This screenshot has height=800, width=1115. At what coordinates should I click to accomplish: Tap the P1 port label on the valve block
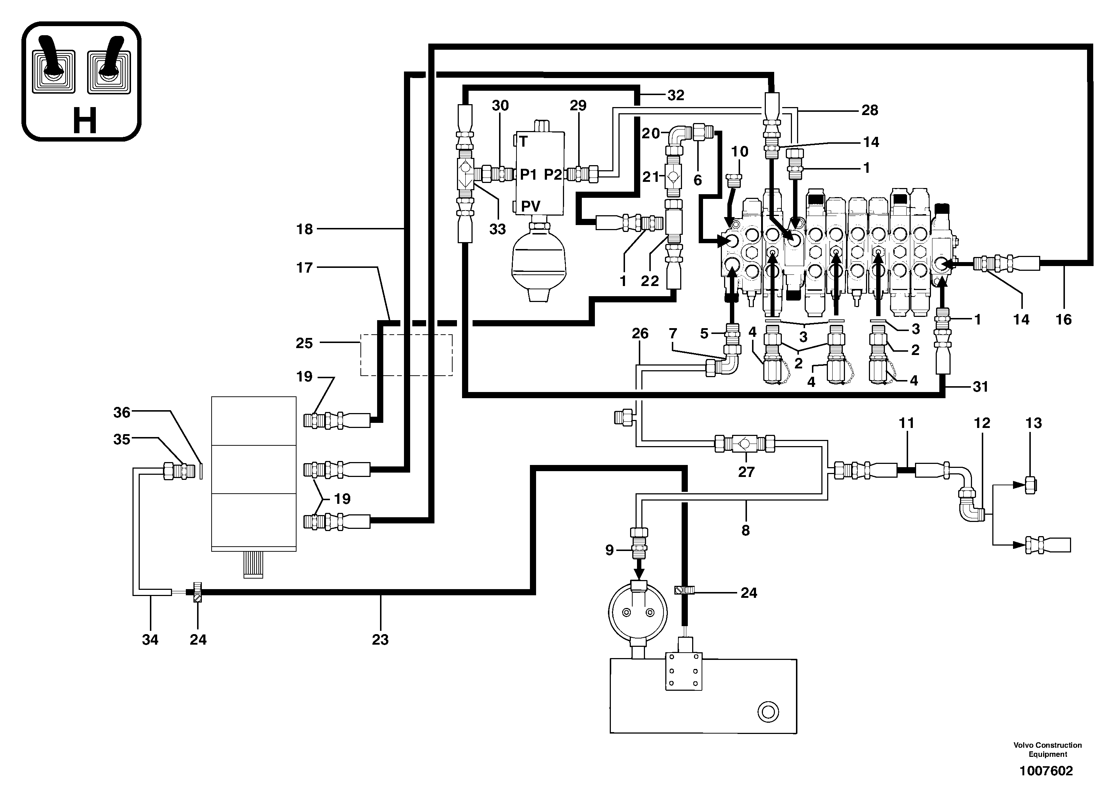pos(529,175)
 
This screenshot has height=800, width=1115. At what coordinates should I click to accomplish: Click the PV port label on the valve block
pos(531,206)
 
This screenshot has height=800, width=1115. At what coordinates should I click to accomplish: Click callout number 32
pos(675,95)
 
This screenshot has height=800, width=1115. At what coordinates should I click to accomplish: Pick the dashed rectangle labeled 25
pos(406,355)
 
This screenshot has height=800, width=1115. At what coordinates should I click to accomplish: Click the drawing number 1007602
pos(1046,771)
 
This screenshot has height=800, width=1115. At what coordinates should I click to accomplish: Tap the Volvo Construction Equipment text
pos(1047,749)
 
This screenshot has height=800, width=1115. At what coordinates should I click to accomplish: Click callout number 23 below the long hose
pos(380,639)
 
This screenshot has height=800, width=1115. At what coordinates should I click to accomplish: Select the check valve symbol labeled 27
pos(744,444)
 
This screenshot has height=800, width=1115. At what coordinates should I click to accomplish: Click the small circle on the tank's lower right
pos(768,711)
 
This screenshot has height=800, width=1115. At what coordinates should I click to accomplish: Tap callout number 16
pos(1063,320)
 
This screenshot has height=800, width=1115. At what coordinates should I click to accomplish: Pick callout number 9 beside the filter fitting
pos(610,550)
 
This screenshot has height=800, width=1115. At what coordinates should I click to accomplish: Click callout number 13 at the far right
pos(1033,423)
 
